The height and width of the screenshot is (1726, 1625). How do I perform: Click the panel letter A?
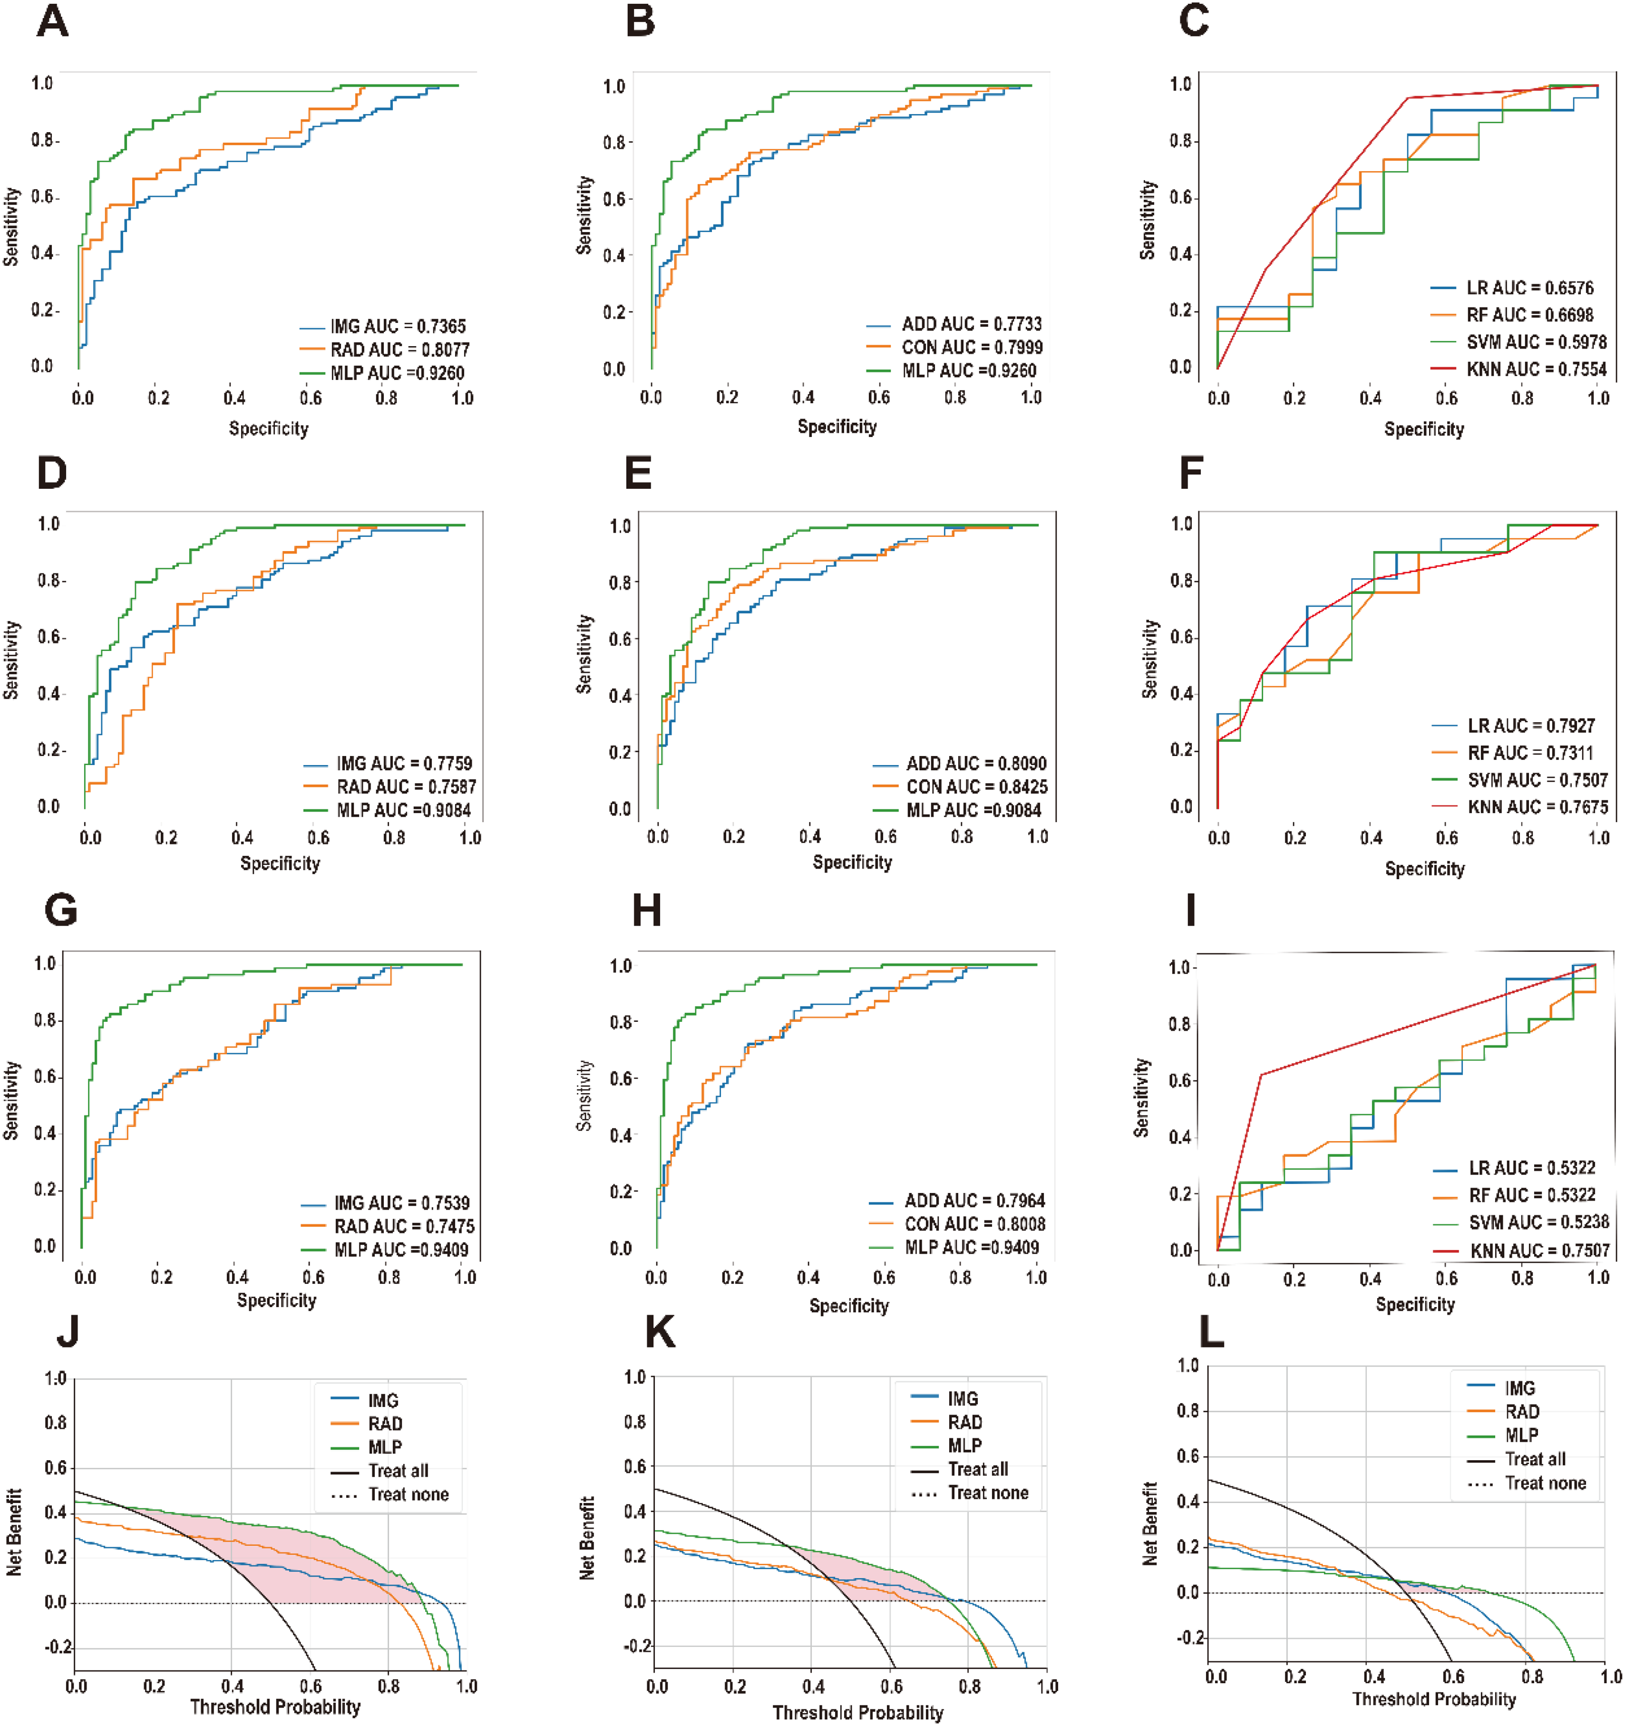click(x=53, y=22)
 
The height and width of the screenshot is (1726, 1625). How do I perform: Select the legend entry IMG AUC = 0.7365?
click(x=383, y=326)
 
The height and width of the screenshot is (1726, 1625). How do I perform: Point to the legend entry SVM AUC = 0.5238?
click(x=1521, y=1222)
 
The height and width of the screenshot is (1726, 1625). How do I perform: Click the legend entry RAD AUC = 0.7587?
click(x=389, y=787)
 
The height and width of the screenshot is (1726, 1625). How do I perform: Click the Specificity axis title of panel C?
click(x=1424, y=429)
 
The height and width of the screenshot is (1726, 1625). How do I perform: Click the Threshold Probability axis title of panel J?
click(x=275, y=1707)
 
